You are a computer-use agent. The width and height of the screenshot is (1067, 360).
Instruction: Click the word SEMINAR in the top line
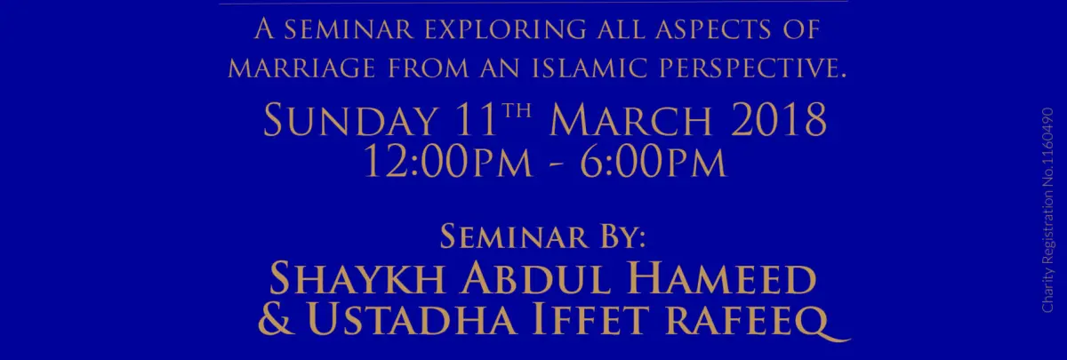point(349,29)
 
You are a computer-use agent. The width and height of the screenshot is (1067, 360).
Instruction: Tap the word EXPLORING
point(505,29)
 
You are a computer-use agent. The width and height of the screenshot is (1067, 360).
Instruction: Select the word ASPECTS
point(712,29)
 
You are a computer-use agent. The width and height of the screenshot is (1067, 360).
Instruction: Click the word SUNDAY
point(350,120)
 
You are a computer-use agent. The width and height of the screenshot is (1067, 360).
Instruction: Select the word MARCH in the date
point(630,120)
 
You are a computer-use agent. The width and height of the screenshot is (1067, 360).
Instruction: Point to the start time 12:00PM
point(448,163)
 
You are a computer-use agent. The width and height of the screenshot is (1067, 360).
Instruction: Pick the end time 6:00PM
point(653,163)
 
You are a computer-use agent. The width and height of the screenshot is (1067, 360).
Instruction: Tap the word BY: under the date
point(622,236)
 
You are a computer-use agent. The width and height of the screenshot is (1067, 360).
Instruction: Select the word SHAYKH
point(357,279)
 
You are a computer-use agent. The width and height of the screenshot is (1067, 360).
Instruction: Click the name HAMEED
point(722,279)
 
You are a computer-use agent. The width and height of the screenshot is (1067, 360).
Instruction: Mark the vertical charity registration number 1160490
point(1047,143)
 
